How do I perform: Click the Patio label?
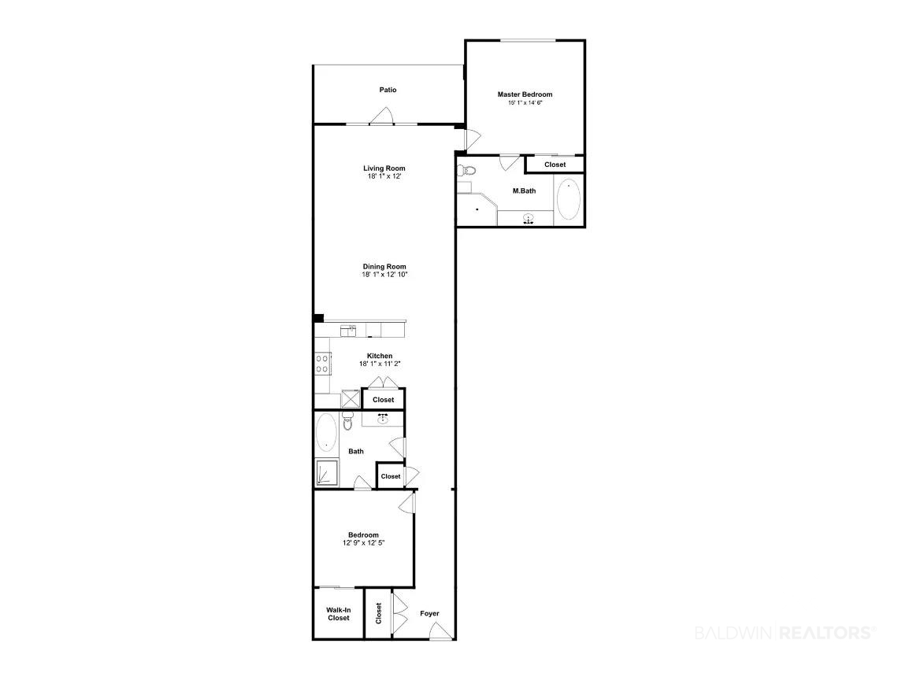pyautogui.click(x=388, y=90)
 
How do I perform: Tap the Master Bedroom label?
pyautogui.click(x=525, y=94)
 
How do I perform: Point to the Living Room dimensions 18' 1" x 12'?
pyautogui.click(x=384, y=177)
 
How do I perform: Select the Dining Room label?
pyautogui.click(x=384, y=267)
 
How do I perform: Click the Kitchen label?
pyautogui.click(x=380, y=356)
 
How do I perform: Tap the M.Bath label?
pyautogui.click(x=524, y=191)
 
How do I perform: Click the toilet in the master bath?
pyautogui.click(x=467, y=170)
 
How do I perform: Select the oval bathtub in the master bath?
pyautogui.click(x=568, y=199)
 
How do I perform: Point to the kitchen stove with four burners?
pyautogui.click(x=322, y=363)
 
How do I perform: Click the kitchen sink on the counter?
pyautogui.click(x=348, y=331)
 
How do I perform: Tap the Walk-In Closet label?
pyautogui.click(x=339, y=614)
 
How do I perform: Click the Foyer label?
pyautogui.click(x=429, y=613)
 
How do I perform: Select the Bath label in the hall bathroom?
pyautogui.click(x=355, y=452)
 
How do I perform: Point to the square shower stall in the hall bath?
pyautogui.click(x=326, y=473)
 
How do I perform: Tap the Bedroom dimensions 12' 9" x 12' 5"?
pyautogui.click(x=364, y=543)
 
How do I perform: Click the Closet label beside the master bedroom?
pyautogui.click(x=555, y=165)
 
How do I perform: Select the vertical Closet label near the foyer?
pyautogui.click(x=379, y=613)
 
